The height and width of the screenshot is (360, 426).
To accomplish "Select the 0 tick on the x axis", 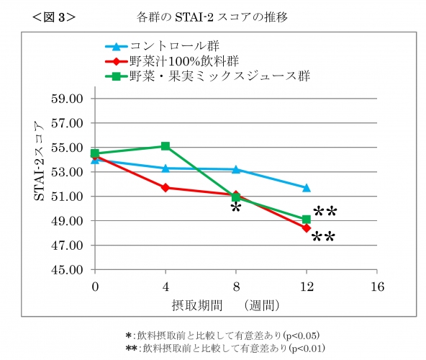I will [x=95, y=287].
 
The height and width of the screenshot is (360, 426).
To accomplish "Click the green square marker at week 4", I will [x=166, y=146].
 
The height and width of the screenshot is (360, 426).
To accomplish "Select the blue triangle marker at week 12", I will [x=307, y=188].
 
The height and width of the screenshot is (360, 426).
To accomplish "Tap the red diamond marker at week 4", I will [x=166, y=187].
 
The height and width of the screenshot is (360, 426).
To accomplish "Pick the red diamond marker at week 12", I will [x=307, y=228].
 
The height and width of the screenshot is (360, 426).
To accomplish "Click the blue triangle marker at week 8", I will [x=236, y=169].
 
